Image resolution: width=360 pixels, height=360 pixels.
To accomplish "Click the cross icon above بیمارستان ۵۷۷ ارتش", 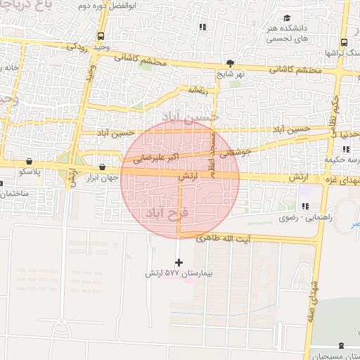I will click(179, 262).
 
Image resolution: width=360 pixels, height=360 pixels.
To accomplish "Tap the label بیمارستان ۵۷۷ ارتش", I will click(179, 272).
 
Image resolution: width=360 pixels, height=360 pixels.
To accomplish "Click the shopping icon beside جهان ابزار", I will click(103, 167).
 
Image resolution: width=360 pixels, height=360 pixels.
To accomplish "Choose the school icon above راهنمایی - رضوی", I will click(304, 206).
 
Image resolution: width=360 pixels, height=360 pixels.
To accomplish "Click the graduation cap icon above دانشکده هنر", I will click(287, 18).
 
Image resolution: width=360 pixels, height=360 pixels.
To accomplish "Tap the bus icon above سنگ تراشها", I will click(343, 42).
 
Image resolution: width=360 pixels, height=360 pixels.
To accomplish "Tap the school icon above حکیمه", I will click(345, 148).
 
